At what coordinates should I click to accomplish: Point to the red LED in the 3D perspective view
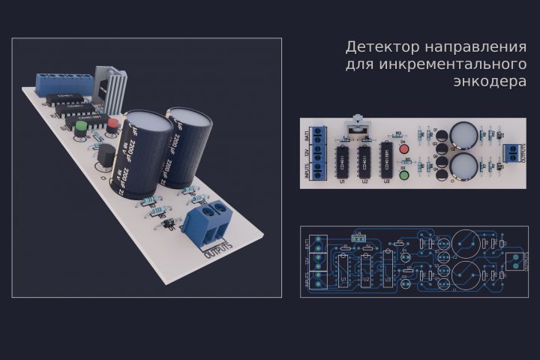click(x=113, y=123)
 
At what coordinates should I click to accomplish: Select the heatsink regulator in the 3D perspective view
click(x=111, y=89)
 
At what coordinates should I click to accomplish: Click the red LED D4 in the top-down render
click(x=403, y=148)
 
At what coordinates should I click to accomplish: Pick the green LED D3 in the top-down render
click(x=403, y=176)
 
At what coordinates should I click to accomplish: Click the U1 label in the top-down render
click(x=342, y=181)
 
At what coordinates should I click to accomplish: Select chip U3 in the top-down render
click(x=387, y=158)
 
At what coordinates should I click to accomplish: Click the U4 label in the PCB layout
click(x=358, y=232)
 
